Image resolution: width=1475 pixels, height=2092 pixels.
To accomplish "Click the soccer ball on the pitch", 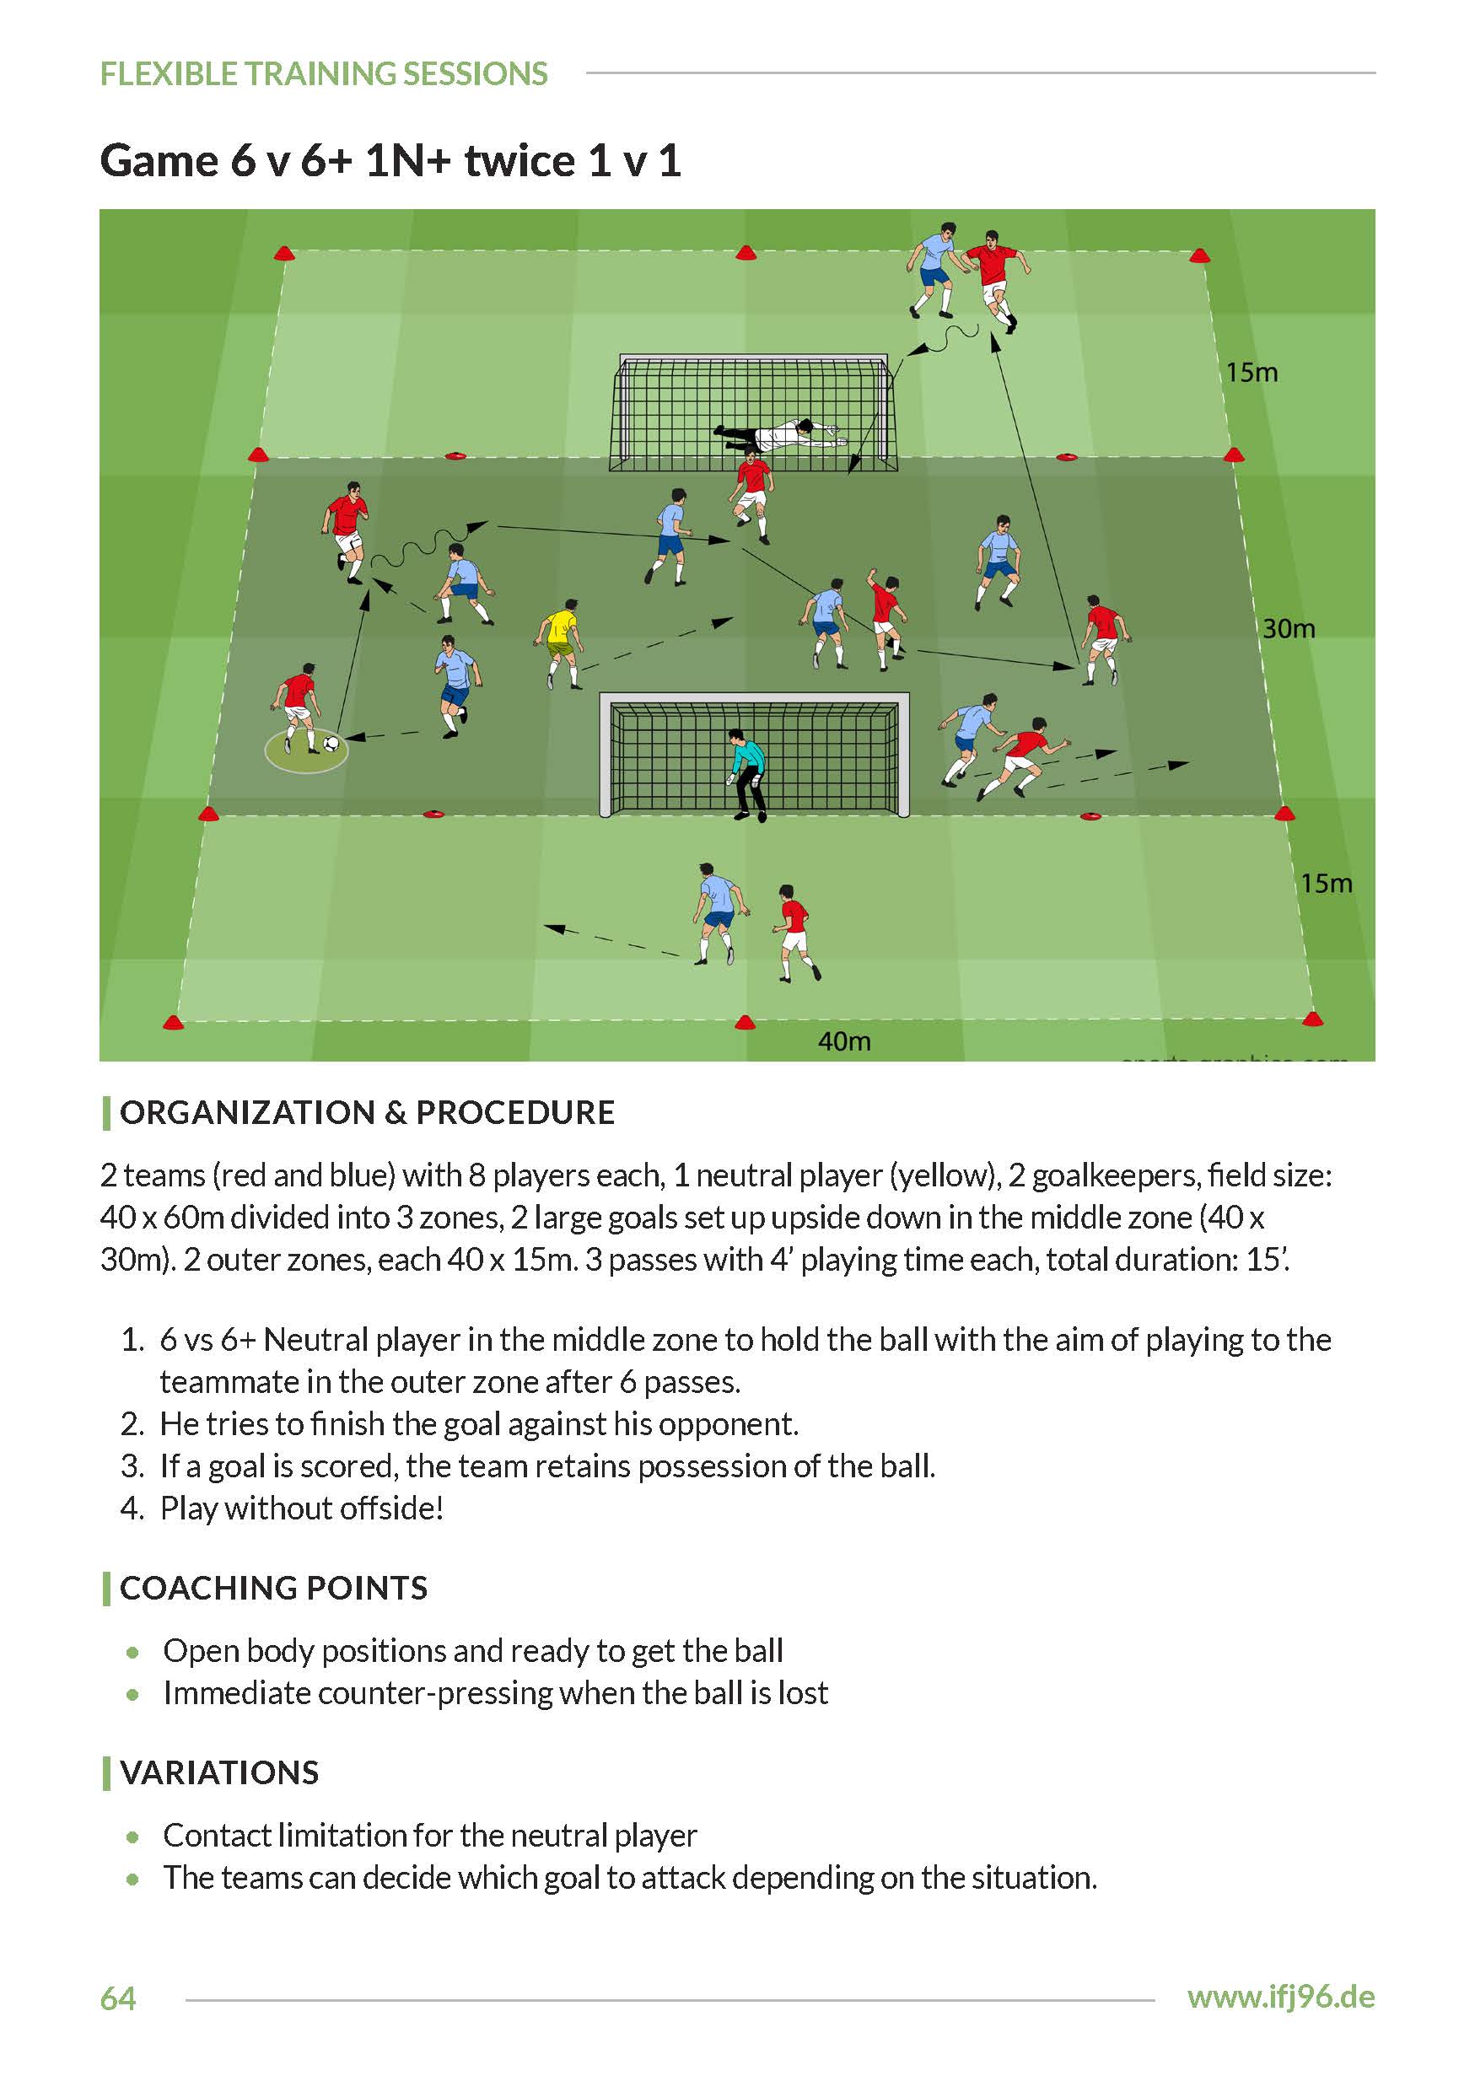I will point(331,744).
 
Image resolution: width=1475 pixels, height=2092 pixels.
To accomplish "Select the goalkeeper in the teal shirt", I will point(747,774).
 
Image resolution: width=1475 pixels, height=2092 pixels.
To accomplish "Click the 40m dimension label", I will point(843,1041).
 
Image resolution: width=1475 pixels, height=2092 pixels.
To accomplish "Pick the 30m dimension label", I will point(1287,629).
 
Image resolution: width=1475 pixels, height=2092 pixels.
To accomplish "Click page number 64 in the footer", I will point(117,1998).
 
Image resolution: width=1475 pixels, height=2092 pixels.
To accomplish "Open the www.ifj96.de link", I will point(1280,1998).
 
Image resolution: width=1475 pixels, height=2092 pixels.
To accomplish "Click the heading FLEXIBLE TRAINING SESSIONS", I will point(324,74).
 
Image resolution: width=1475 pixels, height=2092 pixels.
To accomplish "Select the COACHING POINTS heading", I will point(273,1588).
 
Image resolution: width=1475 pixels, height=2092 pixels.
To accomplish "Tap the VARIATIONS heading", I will point(219,1772).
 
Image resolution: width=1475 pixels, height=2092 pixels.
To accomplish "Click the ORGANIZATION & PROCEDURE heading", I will point(367,1112).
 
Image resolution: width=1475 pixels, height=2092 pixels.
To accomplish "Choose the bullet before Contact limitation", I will point(134,1836).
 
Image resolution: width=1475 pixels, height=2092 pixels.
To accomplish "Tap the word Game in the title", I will point(159,161).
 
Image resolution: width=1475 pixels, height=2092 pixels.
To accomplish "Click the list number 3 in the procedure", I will point(132,1466).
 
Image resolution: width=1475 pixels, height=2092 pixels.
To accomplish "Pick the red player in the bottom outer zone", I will point(795,931).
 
